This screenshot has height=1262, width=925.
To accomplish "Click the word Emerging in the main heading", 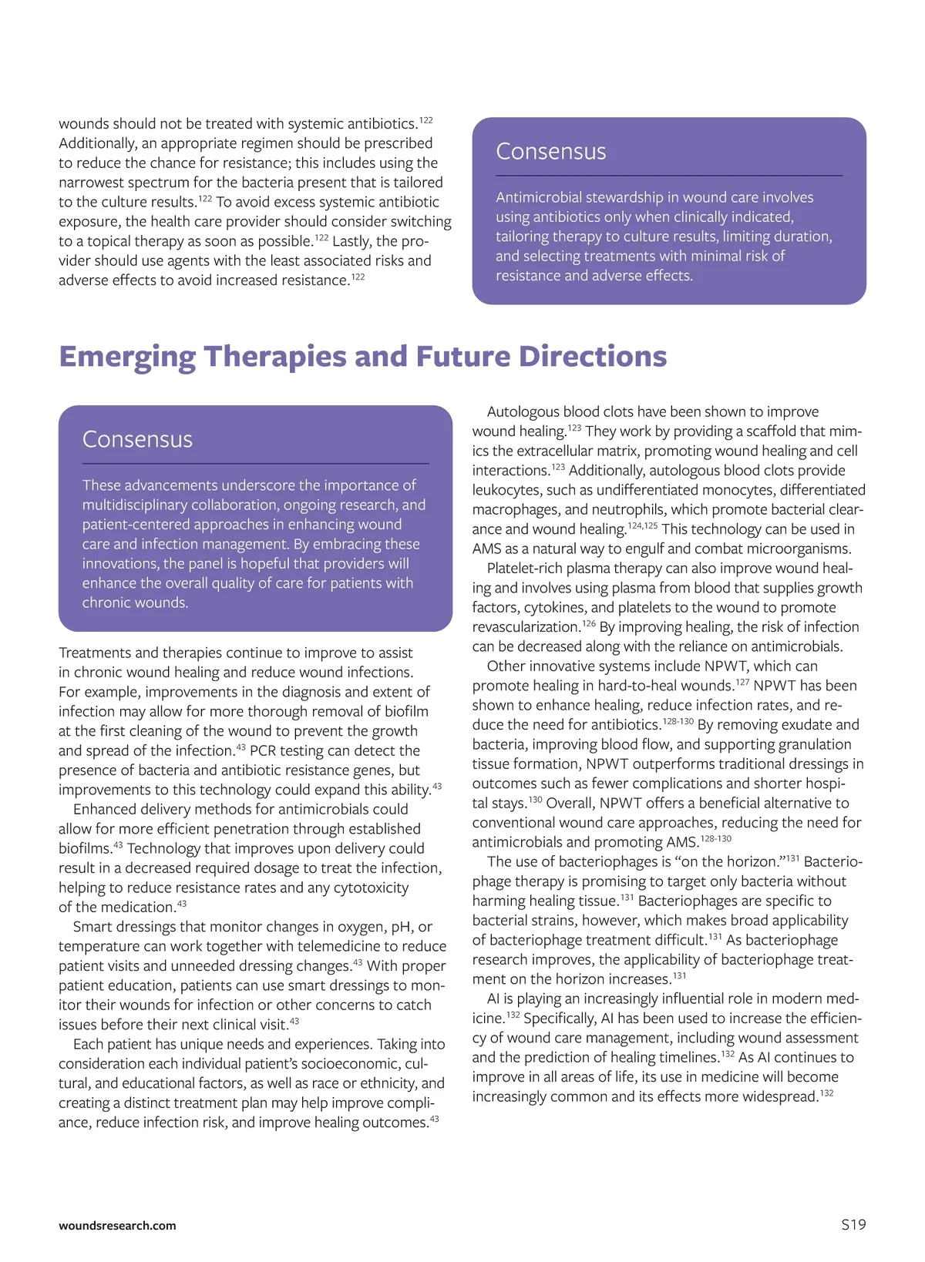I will pyautogui.click(x=127, y=357).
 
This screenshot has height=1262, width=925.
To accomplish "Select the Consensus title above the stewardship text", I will pyautogui.click(x=550, y=151).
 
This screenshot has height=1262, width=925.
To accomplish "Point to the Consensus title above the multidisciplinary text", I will pyautogui.click(x=137, y=439).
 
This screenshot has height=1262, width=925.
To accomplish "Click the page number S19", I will pyautogui.click(x=853, y=1224).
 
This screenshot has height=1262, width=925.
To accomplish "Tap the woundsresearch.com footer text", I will pyautogui.click(x=117, y=1225).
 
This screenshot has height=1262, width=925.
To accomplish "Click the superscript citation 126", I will pyautogui.click(x=589, y=623).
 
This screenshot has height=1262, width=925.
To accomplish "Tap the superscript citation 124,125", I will pyautogui.click(x=643, y=525).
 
